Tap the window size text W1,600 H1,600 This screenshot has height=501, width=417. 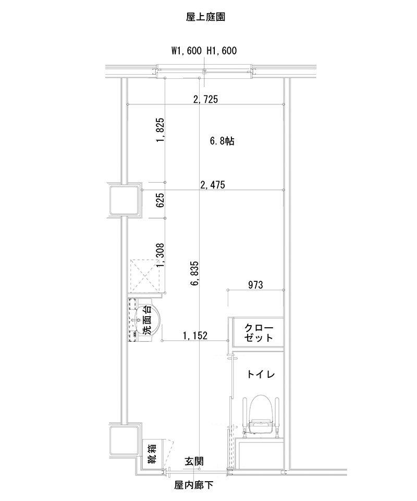(204, 51)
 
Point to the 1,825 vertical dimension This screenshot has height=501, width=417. (161, 130)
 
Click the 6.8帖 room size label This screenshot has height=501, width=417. (222, 141)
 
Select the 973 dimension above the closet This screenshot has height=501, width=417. (255, 285)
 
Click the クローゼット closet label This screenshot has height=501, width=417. (259, 332)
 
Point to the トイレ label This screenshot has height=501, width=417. (261, 374)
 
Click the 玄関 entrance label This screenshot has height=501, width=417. (194, 462)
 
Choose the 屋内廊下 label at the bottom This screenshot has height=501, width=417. (194, 486)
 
